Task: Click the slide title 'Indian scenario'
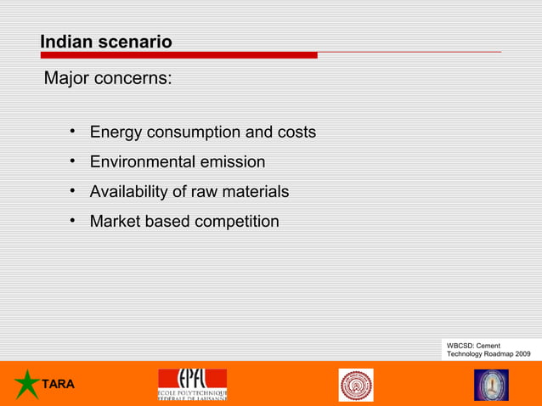tap(106, 42)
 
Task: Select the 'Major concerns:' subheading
tap(108, 79)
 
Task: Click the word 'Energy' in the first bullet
tap(116, 133)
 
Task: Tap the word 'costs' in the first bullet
tap(296, 133)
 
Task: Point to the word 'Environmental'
tap(142, 162)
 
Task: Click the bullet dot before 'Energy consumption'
tap(75, 132)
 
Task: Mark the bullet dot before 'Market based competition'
tap(75, 221)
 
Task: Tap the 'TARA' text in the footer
tap(59, 385)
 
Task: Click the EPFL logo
tap(192, 385)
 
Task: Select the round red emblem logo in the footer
tap(356, 385)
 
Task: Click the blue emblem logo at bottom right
tap(491, 385)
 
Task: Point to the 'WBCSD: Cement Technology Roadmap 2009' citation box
tap(488, 349)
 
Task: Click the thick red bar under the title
tap(178, 55)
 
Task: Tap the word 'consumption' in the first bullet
tap(193, 133)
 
